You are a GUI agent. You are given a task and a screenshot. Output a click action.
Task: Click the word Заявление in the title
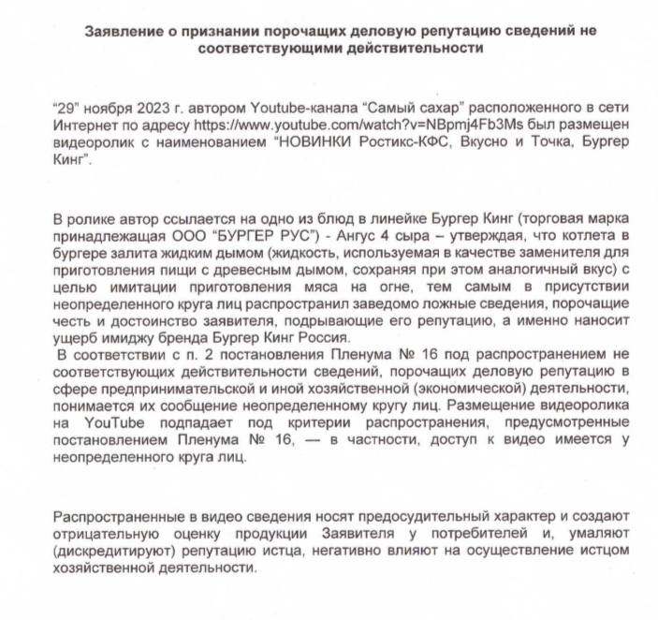pos(120,30)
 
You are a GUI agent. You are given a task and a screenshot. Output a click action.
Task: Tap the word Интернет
pos(88,125)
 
